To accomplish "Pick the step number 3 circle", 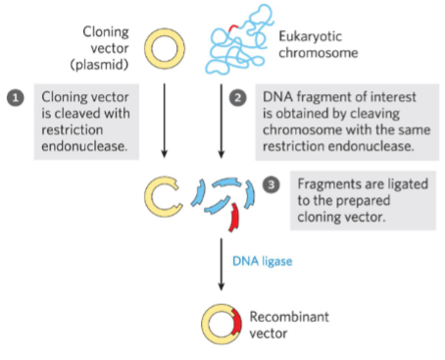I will (273, 184).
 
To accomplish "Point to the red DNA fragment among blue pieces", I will (234, 218).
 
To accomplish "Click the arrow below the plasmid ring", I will (164, 124).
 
